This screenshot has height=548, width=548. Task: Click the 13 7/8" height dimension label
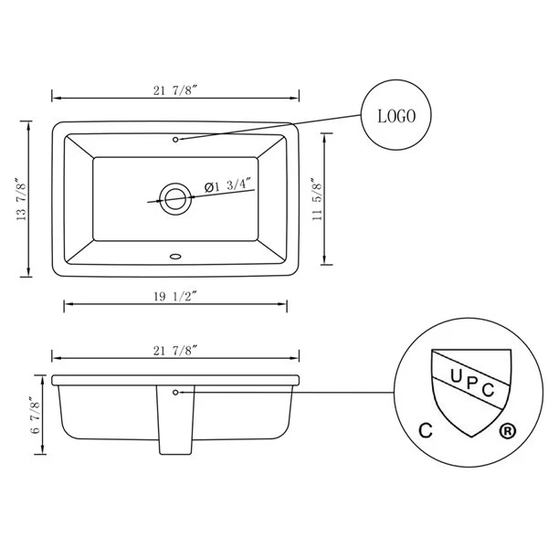point(21,199)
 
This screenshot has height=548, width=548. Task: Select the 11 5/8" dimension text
point(317,199)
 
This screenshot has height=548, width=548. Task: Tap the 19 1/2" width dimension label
point(175,296)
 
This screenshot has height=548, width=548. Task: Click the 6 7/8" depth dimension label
point(36,416)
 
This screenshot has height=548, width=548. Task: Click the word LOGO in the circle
point(396,116)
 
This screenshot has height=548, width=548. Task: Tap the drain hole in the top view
point(175,198)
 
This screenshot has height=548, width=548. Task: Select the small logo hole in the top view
point(175,140)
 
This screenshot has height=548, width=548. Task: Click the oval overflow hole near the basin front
point(175,257)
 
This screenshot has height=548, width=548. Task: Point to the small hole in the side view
point(175,393)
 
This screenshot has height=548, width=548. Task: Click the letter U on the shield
point(456,376)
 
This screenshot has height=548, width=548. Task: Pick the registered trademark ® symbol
point(507,431)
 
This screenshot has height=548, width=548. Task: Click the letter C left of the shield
point(426,430)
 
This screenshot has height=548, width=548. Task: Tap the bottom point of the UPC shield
point(471,437)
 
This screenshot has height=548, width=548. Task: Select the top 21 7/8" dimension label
point(175,90)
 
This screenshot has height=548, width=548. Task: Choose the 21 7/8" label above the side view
point(175,351)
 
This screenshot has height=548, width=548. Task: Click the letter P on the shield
point(470,384)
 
